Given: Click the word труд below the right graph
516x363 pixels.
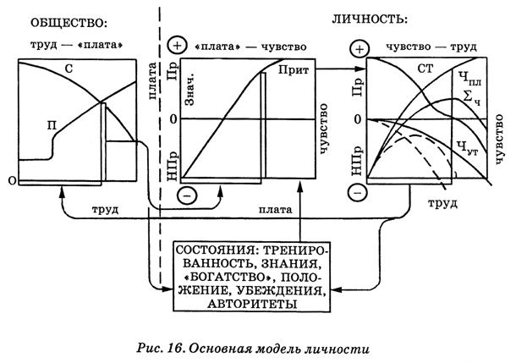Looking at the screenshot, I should click(x=442, y=204).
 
